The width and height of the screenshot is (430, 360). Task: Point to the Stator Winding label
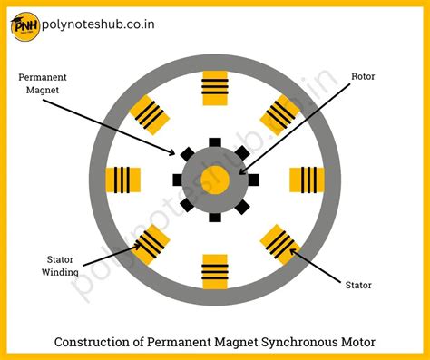tap(62, 265)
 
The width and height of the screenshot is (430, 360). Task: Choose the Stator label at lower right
tap(358, 285)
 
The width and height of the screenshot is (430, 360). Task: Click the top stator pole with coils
tap(215, 86)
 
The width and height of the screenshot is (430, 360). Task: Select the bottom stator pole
tap(215, 269)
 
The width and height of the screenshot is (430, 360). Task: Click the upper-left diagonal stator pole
tap(150, 113)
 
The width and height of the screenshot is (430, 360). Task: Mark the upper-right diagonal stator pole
tap(280, 113)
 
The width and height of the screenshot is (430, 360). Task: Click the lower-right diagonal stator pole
tap(280, 243)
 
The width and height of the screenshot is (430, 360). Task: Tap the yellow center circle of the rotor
tap(215, 179)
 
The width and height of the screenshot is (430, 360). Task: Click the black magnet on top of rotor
tap(215, 142)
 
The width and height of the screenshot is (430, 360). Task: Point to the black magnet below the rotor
tap(215, 216)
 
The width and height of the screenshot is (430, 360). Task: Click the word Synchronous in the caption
tap(296, 342)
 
